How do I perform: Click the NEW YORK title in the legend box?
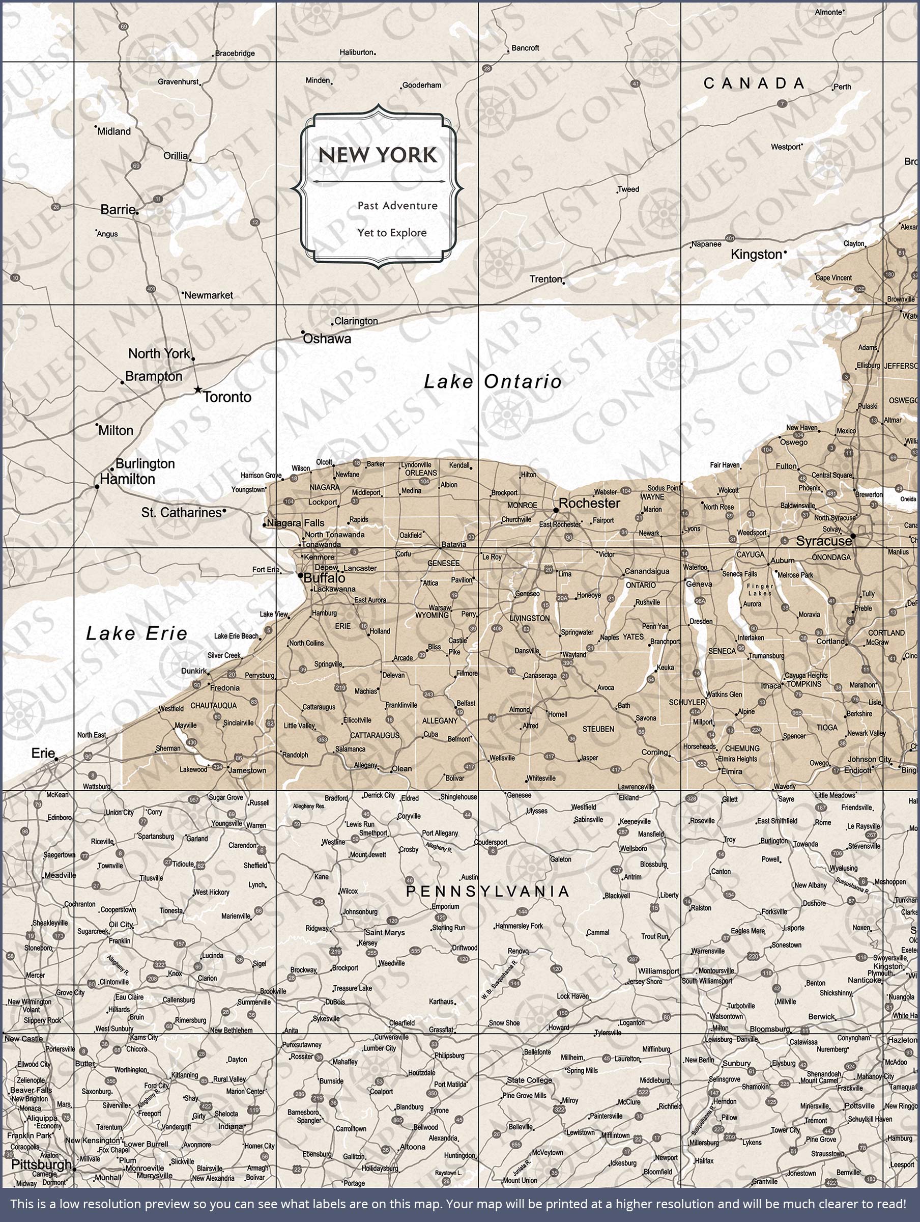[x=378, y=155]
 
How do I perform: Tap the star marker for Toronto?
[x=198, y=390]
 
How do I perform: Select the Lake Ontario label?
[x=493, y=382]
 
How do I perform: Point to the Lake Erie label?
[x=136, y=633]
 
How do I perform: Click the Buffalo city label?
[x=324, y=578]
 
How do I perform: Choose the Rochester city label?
[x=589, y=503]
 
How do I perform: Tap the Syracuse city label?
[x=823, y=541]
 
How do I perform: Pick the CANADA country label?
[x=754, y=84]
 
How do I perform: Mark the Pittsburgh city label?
[x=41, y=1164]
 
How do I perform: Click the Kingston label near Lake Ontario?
[x=756, y=255]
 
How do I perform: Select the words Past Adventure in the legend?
[x=397, y=206]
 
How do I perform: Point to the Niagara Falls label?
[x=296, y=522]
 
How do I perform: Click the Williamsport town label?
[x=658, y=971]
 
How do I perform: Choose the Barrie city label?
[x=118, y=209]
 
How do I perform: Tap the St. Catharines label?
[x=181, y=513]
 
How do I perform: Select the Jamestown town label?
[x=247, y=770]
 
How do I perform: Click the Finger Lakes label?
[x=760, y=590]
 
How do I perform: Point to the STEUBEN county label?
[x=598, y=729]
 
